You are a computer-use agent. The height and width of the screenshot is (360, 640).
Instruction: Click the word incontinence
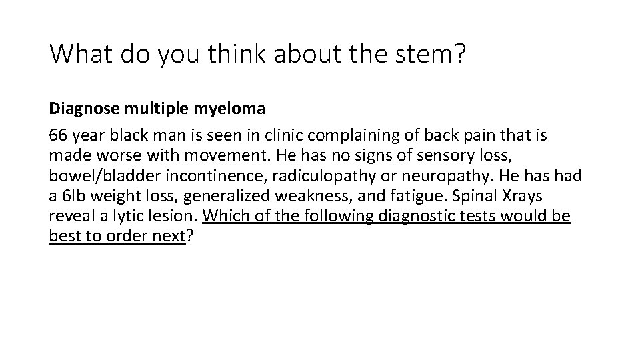(x=196, y=177)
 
